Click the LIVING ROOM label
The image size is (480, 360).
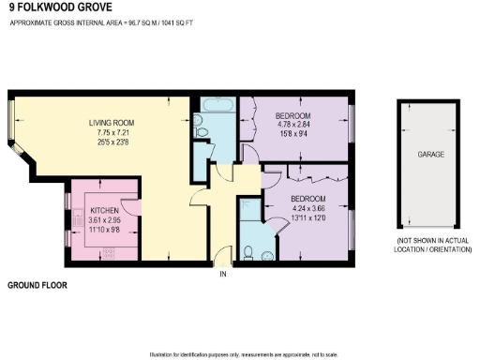(x=111, y=123)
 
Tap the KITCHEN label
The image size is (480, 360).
(x=103, y=209)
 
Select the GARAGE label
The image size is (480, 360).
(x=432, y=154)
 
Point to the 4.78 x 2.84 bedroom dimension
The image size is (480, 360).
(x=292, y=125)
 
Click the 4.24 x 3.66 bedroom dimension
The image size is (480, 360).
(x=307, y=208)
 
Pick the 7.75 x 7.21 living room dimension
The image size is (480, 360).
(x=111, y=133)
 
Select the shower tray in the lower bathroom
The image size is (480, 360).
(x=247, y=210)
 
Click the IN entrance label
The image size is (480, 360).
(x=223, y=276)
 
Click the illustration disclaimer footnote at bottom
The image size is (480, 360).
(x=239, y=353)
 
